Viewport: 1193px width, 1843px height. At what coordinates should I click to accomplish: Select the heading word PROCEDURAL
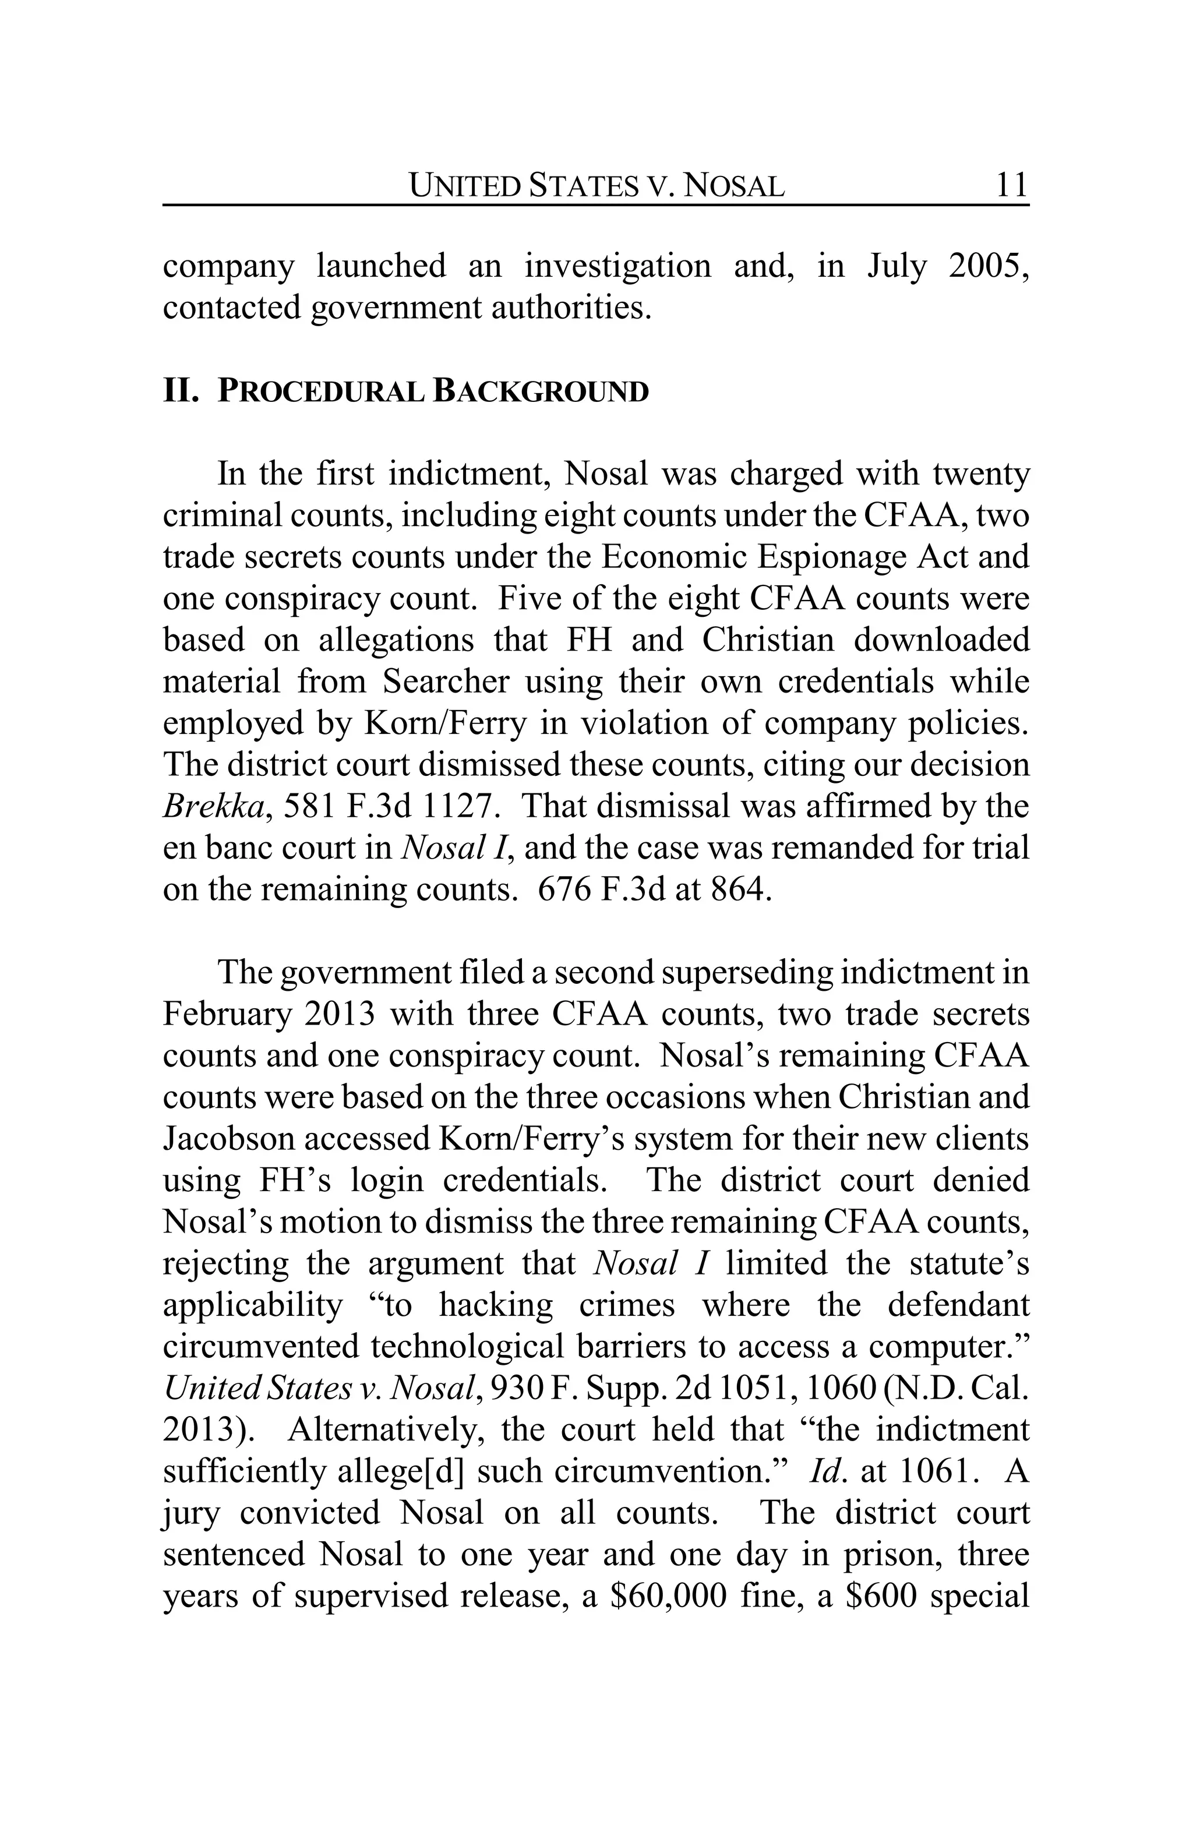[320, 392]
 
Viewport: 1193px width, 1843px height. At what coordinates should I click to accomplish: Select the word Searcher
[445, 682]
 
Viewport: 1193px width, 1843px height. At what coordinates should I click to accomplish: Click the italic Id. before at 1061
[824, 1471]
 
